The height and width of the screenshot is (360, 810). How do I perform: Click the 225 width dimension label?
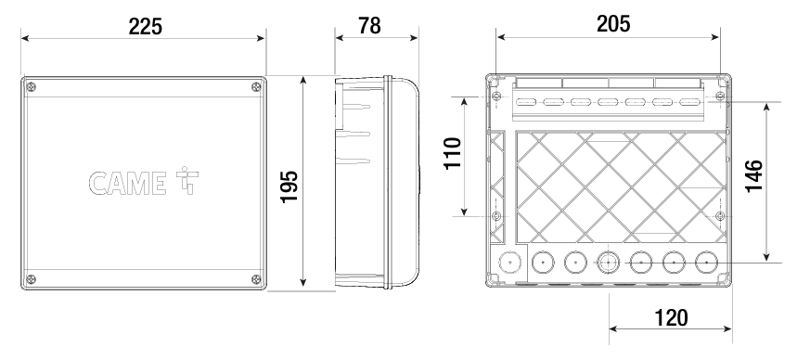145,26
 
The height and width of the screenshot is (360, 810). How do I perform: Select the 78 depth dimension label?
369,25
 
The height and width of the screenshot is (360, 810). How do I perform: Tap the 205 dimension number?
613,24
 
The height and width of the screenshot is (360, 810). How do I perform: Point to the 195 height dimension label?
289,186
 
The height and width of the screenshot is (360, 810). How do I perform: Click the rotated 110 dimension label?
453,153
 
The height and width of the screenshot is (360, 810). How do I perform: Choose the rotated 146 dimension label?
753,176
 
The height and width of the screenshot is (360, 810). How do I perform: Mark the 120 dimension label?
671,318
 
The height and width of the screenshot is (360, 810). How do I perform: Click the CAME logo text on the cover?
127,184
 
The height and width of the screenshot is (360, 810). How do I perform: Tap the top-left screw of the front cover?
31,87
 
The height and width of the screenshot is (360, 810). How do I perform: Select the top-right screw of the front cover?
256,87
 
